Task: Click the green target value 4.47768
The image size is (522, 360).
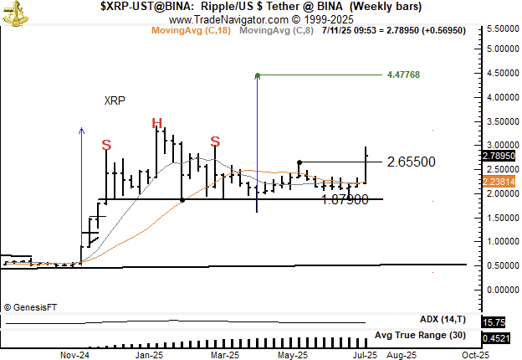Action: point(403,75)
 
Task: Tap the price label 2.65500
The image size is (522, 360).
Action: point(411,161)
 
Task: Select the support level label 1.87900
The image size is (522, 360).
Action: point(345,199)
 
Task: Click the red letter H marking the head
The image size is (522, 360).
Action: point(156,124)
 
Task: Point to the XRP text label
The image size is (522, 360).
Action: point(115,100)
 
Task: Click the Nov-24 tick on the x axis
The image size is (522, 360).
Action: point(75,355)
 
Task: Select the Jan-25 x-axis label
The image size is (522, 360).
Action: point(149,355)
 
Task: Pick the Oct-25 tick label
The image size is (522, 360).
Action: point(475,355)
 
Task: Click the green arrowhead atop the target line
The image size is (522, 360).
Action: point(257,75)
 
